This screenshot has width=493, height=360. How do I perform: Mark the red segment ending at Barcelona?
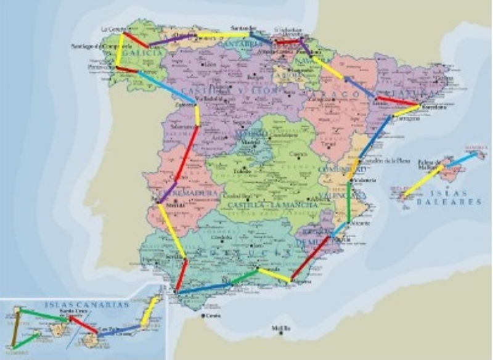pyautogui.click(x=398, y=102)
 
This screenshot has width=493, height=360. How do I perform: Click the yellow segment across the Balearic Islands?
pyautogui.click(x=423, y=180)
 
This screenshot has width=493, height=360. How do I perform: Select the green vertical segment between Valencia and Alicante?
pyautogui.click(x=349, y=203)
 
